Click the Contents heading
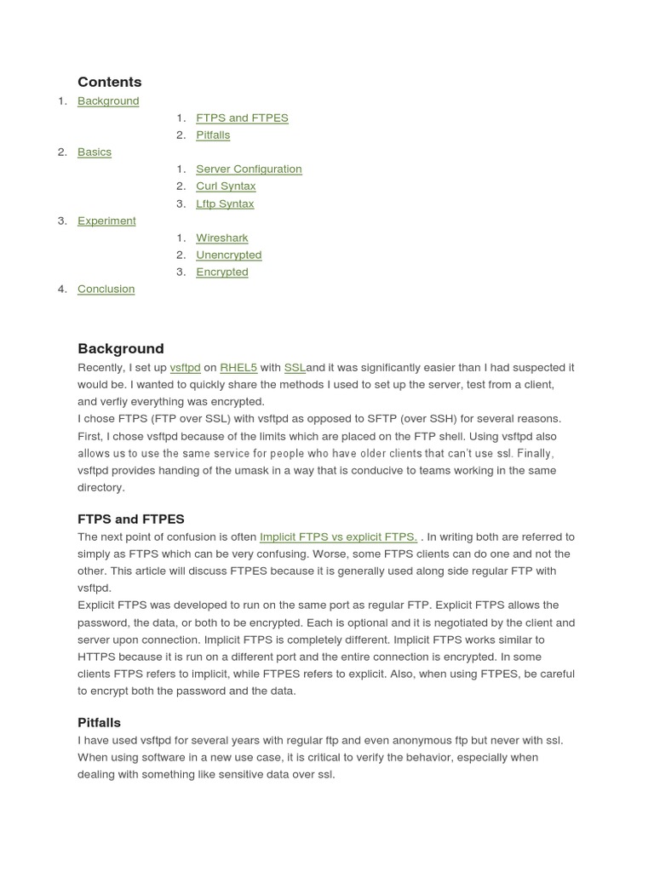point(109,82)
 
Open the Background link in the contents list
point(108,100)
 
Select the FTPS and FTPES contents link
point(242,118)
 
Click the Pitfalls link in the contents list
point(213,135)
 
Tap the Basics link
point(95,152)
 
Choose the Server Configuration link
point(249,169)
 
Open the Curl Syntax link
point(226,186)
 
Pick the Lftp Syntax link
point(225,204)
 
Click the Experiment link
point(106,221)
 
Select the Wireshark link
point(221,238)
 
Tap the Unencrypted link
point(228,255)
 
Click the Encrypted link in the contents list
point(221,272)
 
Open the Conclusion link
point(106,289)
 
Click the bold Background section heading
point(120,348)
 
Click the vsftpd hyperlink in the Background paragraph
point(185,367)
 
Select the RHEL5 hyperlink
point(238,367)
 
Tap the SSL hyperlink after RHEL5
point(295,367)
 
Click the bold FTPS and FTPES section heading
point(130,519)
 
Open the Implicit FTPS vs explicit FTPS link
point(338,536)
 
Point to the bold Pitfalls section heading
point(99,722)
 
